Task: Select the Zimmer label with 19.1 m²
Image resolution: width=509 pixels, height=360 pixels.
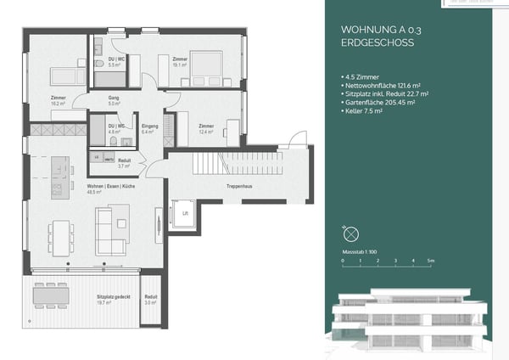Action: [x=180, y=60]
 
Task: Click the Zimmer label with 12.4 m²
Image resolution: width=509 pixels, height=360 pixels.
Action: [x=206, y=129]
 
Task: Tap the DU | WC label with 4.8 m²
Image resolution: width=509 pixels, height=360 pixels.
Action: [x=115, y=129]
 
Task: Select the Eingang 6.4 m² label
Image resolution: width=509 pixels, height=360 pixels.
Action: [x=149, y=129]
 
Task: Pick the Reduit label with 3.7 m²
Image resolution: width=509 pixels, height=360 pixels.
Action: [x=124, y=163]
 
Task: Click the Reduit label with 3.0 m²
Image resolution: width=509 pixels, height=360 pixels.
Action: [x=150, y=299]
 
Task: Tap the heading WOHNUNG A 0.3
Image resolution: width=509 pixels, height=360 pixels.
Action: [x=368, y=30]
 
